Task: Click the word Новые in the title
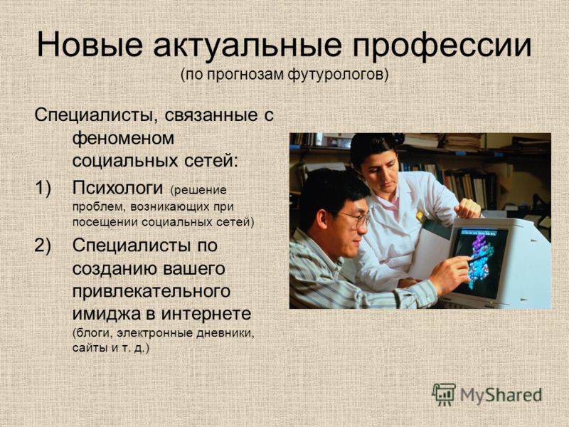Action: click(x=90, y=45)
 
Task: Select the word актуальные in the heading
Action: click(x=248, y=46)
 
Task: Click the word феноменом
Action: click(x=123, y=138)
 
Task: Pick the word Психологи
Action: click(x=117, y=188)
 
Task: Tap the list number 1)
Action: click(x=43, y=188)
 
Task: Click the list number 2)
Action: click(x=43, y=246)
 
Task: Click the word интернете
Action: click(x=206, y=314)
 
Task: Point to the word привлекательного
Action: click(x=151, y=292)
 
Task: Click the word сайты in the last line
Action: click(x=90, y=348)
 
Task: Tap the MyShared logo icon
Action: click(x=444, y=394)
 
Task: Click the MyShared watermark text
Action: click(x=501, y=395)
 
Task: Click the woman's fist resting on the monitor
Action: click(x=468, y=209)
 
